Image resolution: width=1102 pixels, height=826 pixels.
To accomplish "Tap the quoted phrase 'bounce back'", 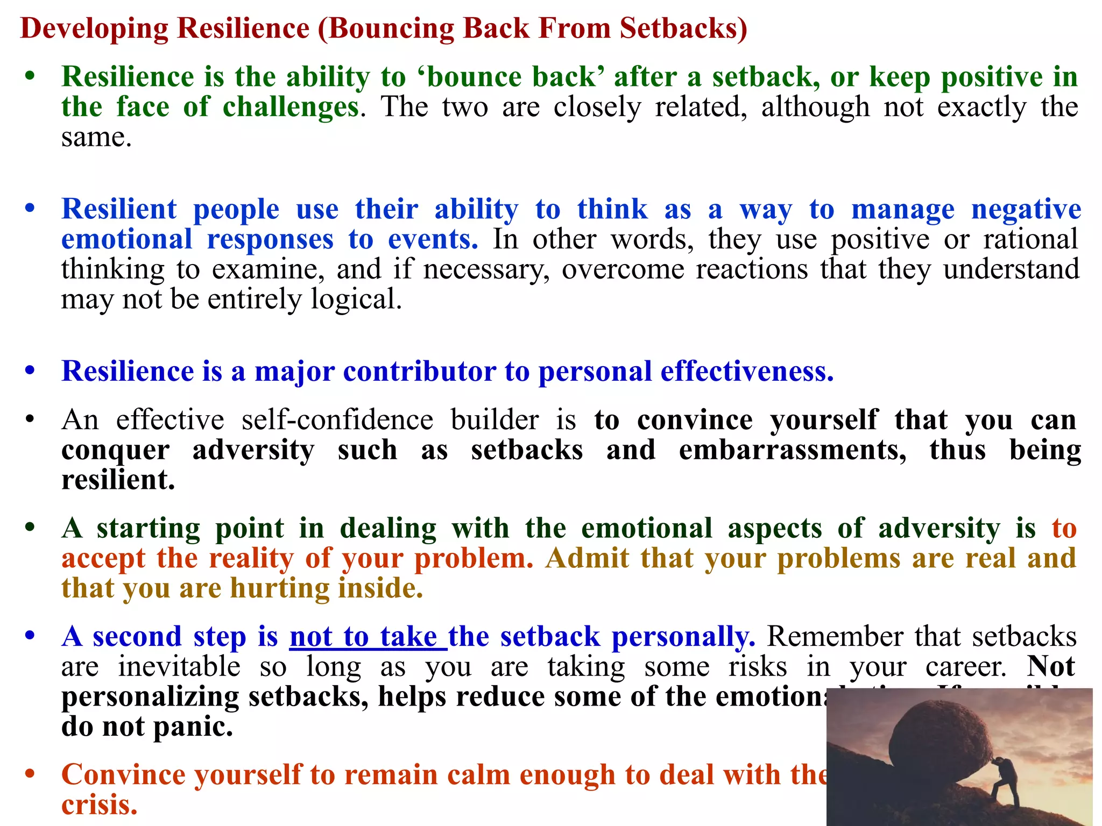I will point(511,77).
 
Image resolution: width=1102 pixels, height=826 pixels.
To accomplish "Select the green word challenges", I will point(291,106).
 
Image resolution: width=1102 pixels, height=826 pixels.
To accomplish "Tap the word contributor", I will point(420,372).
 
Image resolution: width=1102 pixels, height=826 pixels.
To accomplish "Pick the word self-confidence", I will point(337,420).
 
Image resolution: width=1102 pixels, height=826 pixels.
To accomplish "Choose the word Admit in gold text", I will point(587,558).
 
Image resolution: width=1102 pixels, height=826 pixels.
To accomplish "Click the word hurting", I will point(280,588).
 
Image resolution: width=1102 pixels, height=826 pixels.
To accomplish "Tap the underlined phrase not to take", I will point(368,637).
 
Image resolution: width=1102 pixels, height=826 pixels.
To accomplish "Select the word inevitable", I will point(179,667).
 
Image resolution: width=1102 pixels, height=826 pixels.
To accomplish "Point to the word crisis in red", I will point(99,805).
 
